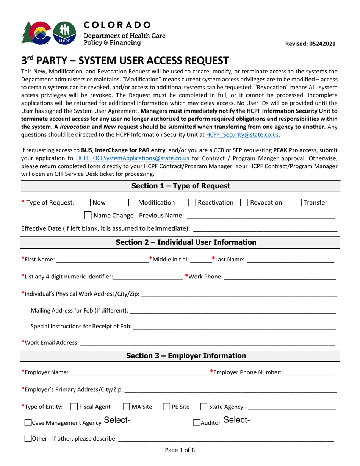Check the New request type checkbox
tap(86, 203)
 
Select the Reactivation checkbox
tap(192, 203)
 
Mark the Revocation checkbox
tap(244, 203)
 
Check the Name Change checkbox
tap(88, 216)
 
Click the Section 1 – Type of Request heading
tap(180, 186)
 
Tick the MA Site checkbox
tap(127, 407)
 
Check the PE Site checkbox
tap(166, 407)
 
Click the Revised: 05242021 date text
tap(310, 44)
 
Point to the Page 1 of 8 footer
tap(180, 450)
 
